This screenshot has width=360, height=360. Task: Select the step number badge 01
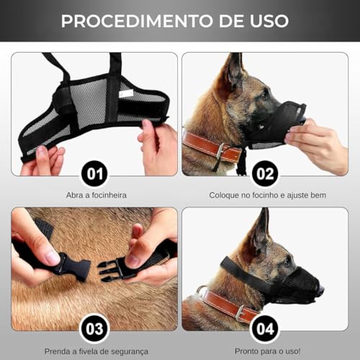94,173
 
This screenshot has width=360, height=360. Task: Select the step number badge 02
265,173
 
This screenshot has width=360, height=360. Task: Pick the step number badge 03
94,329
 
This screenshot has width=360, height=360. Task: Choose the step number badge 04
265,329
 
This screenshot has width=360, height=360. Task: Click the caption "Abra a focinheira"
94,195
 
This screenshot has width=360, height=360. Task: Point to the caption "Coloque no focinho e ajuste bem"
265,195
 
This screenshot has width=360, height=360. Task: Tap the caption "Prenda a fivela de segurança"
94,351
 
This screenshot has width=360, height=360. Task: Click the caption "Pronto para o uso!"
265,351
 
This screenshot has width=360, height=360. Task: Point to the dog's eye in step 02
264,92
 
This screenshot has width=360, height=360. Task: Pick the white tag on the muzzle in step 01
127,93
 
